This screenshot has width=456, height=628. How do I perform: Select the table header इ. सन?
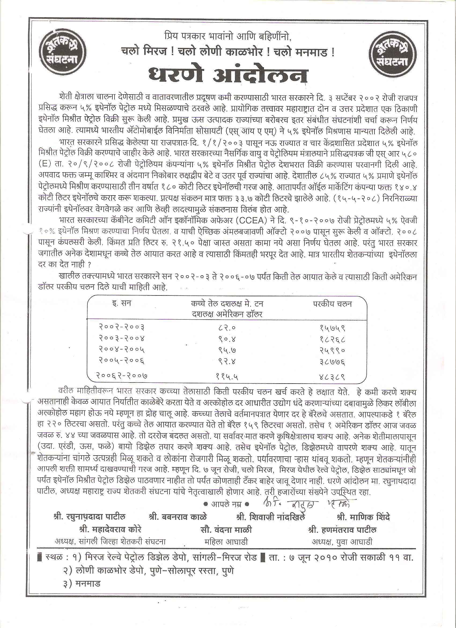coord(121,304)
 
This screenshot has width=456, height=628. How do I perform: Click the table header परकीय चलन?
coord(332,304)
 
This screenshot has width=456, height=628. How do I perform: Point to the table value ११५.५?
coord(227,376)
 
